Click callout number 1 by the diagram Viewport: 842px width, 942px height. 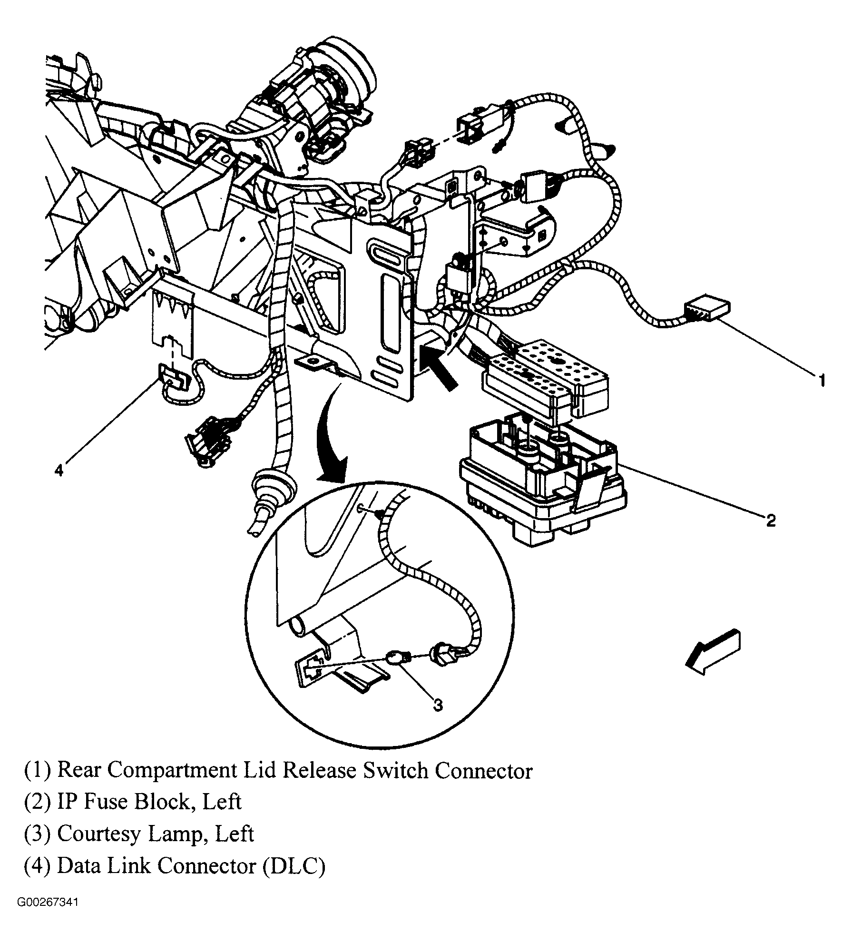pos(822,381)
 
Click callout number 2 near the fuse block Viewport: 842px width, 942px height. pos(771,520)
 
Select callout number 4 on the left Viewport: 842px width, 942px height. pos(58,471)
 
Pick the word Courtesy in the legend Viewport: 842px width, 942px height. pos(99,834)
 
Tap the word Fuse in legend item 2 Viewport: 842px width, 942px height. pos(108,802)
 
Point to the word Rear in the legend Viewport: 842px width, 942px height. pos(78,769)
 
